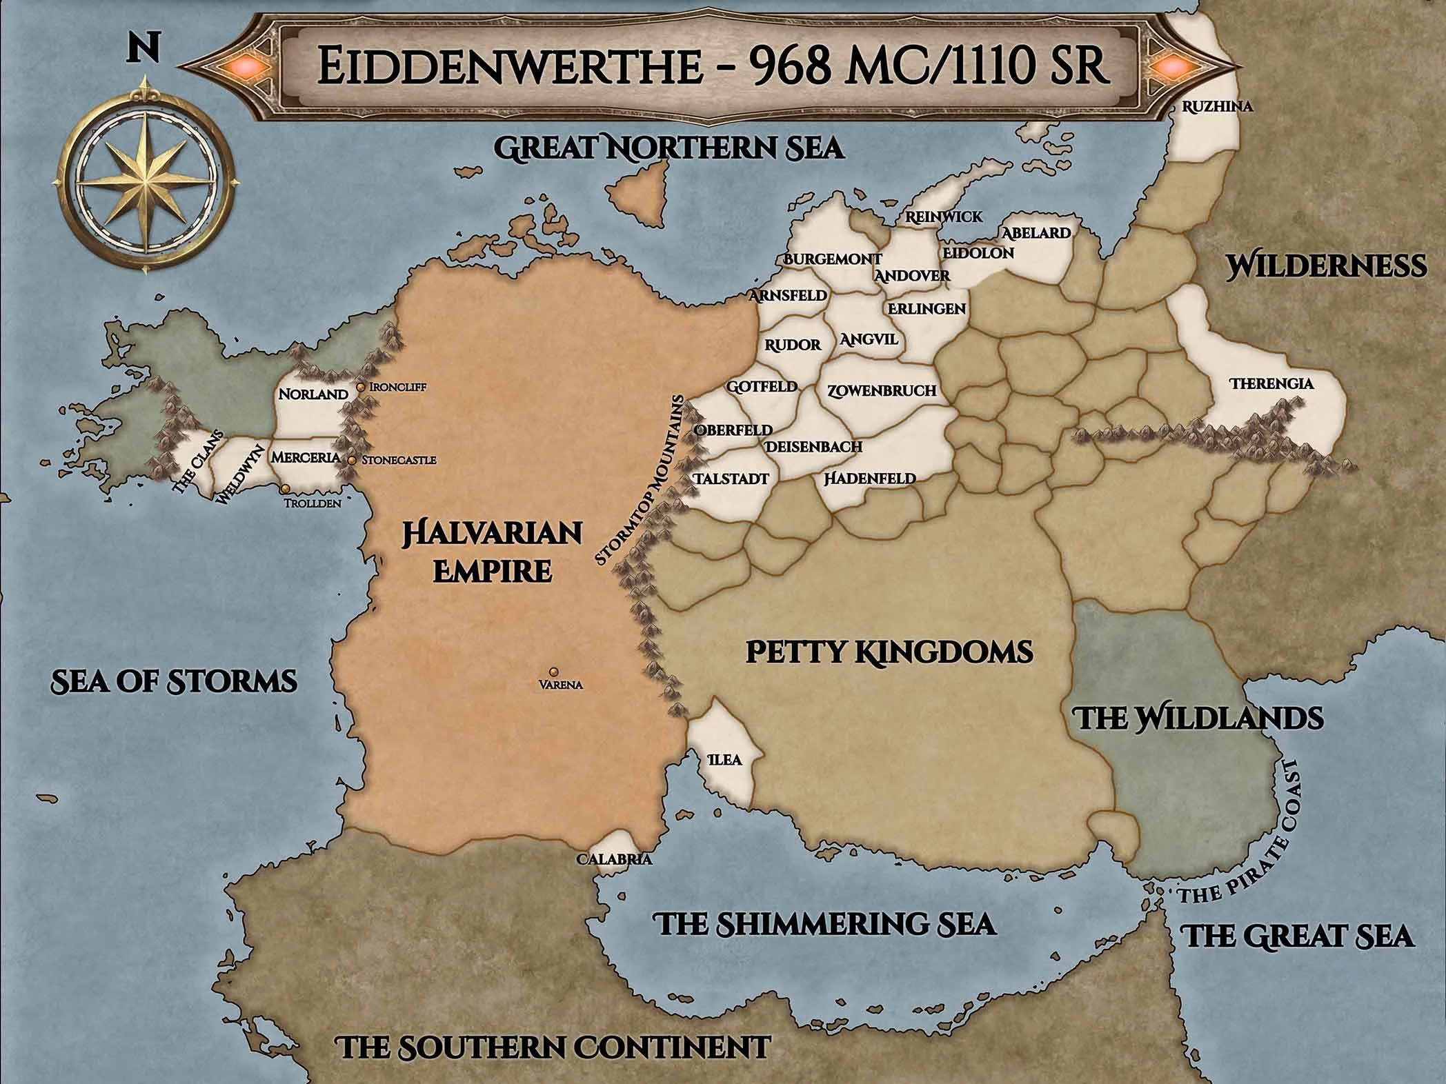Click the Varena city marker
(x=553, y=671)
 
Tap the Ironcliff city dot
(x=361, y=388)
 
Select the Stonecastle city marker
(x=352, y=460)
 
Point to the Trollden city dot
(x=284, y=488)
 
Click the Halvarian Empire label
(x=493, y=552)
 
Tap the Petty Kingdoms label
(x=889, y=652)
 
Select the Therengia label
(x=1272, y=383)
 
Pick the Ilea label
(x=725, y=760)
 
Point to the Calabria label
(x=613, y=860)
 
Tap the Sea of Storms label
(x=175, y=681)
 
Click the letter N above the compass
(x=143, y=49)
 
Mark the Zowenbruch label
(x=881, y=390)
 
